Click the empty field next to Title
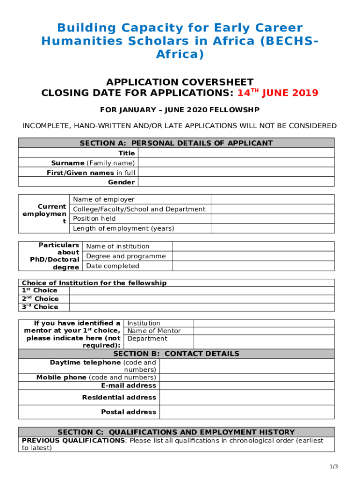236,153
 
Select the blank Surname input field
236,163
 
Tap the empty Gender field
236,182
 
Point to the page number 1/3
333,466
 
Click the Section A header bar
176,143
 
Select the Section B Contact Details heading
176,354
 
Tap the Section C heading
176,432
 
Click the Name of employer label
104,199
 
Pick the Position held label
94,218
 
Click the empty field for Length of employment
273,228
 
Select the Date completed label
113,266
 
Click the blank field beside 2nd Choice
202,299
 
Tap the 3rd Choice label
40,307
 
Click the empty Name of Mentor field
264,331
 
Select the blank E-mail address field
246,385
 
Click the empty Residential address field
246,397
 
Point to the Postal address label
129,412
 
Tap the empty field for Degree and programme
253,256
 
